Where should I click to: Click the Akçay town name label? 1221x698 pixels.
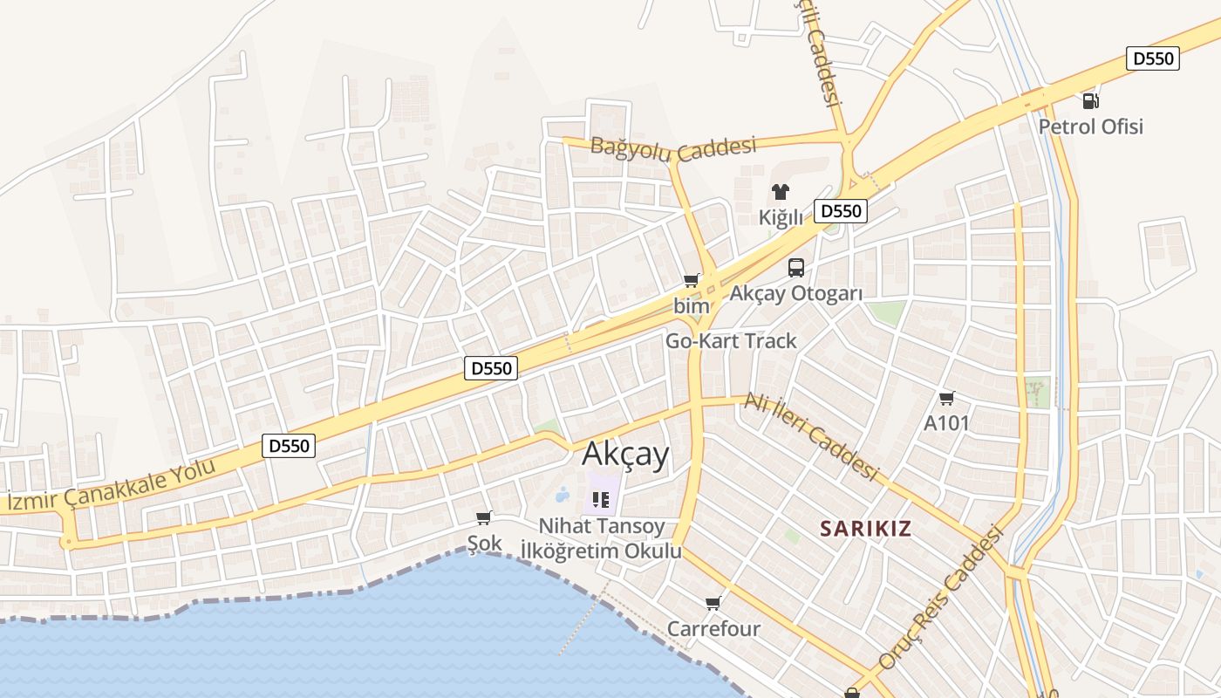tap(625, 455)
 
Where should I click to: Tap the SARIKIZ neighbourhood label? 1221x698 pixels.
tap(866, 528)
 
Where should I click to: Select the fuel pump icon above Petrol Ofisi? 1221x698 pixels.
tap(1090, 100)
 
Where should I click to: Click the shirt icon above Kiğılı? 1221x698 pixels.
tap(780, 192)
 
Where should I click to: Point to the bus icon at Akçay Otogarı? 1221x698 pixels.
tap(795, 268)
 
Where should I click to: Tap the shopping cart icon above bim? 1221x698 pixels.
tap(692, 280)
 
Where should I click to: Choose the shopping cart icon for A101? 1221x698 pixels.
tap(946, 399)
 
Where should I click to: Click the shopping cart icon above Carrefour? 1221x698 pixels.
tap(713, 603)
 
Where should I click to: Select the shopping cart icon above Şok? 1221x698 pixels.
tap(484, 517)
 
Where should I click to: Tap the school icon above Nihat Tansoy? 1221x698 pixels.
tap(600, 500)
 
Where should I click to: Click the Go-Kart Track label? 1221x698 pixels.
tap(731, 341)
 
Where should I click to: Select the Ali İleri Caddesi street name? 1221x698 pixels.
tap(810, 436)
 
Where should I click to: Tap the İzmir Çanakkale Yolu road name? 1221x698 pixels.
tap(112, 484)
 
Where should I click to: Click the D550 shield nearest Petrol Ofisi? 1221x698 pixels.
tap(1153, 58)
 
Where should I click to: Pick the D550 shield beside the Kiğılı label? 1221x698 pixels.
tap(841, 210)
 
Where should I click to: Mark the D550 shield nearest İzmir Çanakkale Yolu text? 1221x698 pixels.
tap(289, 446)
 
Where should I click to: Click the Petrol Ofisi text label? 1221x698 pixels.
tap(1090, 127)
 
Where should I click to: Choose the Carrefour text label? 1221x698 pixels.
tap(713, 629)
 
